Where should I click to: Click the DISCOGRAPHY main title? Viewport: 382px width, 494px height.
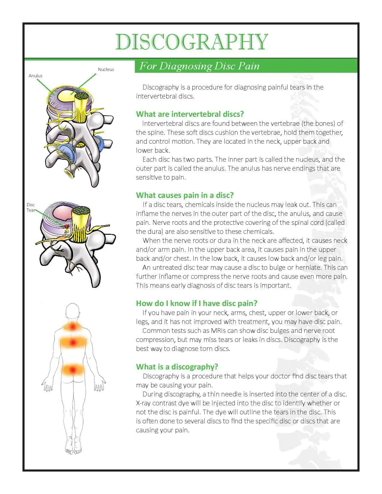coord(192,42)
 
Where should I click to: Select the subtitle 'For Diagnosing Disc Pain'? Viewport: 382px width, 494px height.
coord(199,66)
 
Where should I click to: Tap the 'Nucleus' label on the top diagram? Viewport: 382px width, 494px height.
coord(106,69)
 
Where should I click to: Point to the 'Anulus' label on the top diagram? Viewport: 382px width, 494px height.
coord(35,76)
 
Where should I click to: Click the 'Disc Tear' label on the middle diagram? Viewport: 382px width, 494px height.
coord(31,207)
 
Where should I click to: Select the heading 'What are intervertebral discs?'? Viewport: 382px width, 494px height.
coord(190,114)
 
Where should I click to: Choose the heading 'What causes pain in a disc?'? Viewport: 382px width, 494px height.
coord(185,195)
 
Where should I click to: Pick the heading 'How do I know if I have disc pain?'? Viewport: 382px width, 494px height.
coord(197,303)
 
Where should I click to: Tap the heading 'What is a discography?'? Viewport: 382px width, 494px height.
coord(177,367)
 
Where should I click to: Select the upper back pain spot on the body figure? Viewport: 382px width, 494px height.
coord(73,342)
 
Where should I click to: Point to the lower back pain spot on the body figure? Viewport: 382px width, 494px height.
coord(73,370)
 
